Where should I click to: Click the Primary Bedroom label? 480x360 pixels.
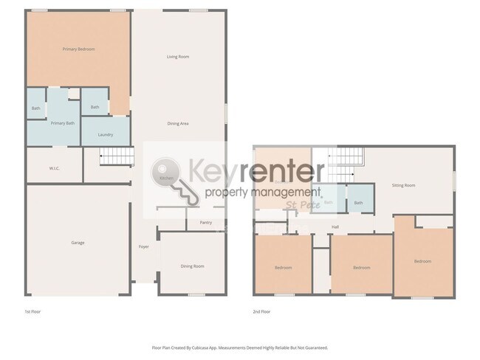(78, 49)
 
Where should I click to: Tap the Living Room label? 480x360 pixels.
(178, 56)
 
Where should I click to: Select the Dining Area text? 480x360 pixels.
(178, 123)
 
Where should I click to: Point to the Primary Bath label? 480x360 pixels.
(62, 123)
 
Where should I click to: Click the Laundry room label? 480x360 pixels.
(105, 134)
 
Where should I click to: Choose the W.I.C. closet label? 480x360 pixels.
(54, 168)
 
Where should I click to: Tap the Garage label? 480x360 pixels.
(78, 243)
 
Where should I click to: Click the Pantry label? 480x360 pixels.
(205, 222)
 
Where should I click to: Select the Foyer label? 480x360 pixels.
(144, 246)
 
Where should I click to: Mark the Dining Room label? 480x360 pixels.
(192, 266)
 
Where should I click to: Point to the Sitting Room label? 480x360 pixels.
(403, 185)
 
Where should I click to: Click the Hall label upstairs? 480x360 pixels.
(335, 227)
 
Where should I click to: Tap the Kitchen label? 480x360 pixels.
(167, 179)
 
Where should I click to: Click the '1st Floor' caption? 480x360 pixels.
(32, 312)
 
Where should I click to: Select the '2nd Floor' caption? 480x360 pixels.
(261, 312)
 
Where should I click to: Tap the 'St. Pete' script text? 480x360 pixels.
(302, 205)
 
